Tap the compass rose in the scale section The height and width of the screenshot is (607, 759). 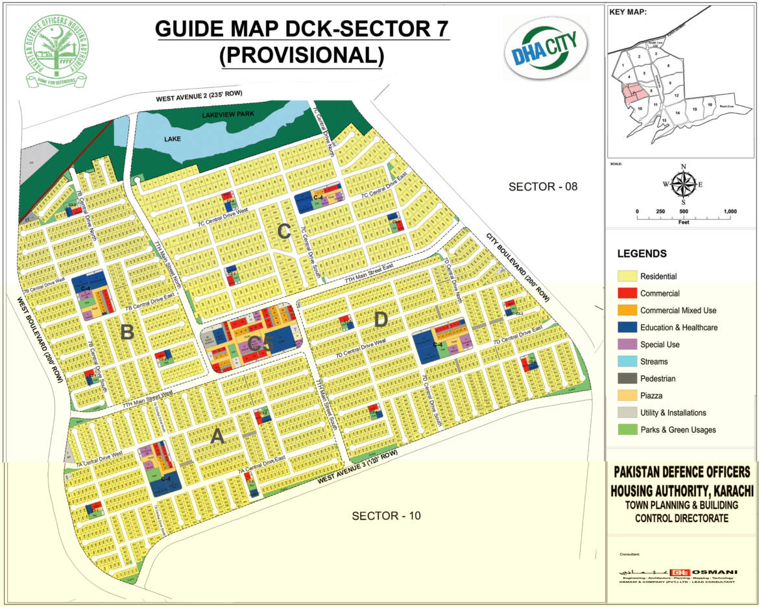coord(683,184)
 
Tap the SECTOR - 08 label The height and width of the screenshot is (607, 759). coord(542,187)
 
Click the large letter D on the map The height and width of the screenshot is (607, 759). coord(381,319)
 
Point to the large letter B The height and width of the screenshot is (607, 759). coord(127,333)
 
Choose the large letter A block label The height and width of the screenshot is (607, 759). coord(217,438)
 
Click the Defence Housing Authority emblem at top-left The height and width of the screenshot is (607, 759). coord(55,51)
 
